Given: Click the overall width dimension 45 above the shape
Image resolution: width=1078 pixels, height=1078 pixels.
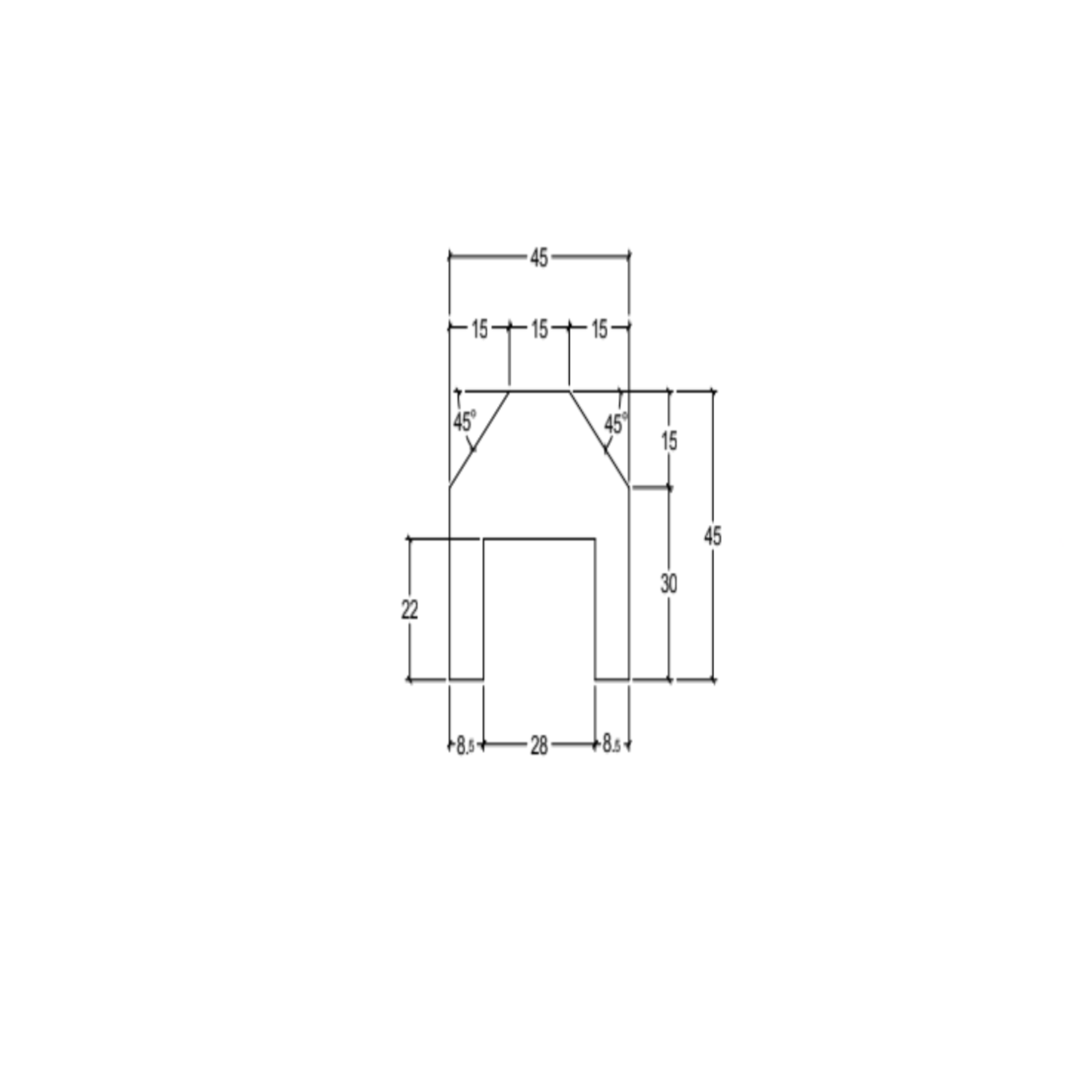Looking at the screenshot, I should [538, 258].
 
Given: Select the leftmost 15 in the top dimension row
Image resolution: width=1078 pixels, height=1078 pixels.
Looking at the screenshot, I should [480, 330].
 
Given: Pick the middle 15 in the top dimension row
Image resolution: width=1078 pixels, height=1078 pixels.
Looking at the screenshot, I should [539, 330].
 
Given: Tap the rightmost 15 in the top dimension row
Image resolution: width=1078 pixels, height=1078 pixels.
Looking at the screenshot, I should [598, 330].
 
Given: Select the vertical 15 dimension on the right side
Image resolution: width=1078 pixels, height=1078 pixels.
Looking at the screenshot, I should [669, 441].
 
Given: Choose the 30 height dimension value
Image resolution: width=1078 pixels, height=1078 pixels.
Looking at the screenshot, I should [668, 584].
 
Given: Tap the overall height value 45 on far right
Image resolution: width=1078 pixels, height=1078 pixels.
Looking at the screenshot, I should [713, 536].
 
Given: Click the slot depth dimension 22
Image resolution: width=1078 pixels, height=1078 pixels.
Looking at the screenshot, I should [410, 611].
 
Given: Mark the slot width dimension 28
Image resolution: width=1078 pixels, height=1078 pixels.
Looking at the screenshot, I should [538, 746].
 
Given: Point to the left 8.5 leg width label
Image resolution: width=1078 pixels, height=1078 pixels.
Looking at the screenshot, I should [465, 746].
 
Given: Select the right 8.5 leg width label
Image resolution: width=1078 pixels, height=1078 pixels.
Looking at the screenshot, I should [611, 746].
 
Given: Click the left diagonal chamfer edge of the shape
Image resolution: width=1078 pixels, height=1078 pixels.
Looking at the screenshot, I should [479, 440].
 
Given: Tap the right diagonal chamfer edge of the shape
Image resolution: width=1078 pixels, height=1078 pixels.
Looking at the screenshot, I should [598, 440].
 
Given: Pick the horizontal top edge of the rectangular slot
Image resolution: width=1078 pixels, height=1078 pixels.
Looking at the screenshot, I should [539, 539].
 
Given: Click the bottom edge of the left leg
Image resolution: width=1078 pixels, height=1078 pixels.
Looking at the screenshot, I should [466, 680].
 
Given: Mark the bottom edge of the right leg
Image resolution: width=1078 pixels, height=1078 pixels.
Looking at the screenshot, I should [612, 680].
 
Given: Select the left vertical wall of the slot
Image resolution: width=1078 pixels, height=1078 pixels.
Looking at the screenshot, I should [483, 610].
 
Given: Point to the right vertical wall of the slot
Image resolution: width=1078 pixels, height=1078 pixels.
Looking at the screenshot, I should [595, 610].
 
